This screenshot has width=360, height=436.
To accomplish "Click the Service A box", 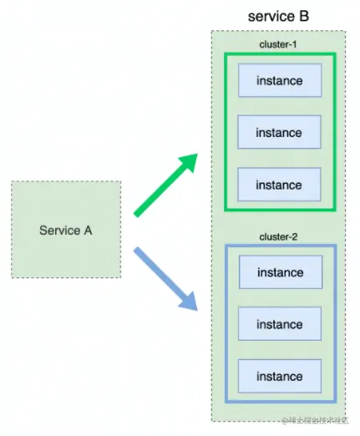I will pos(65,229).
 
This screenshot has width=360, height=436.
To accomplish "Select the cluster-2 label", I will pos(279,236).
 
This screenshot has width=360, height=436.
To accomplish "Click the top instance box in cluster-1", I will pos(279,81).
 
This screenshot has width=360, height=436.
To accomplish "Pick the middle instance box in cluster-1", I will pos(279,133).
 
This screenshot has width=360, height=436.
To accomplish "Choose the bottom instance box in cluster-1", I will pos(279,185).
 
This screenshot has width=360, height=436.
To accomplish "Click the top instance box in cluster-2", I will pos(279,273).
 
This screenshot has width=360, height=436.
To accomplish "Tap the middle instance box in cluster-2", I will pos(279,325).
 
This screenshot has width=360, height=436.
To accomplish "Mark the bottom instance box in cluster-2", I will pos(279,377).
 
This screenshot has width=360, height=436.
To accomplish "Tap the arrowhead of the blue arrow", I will pos(190,303).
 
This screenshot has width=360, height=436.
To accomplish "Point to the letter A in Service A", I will pos(87,230).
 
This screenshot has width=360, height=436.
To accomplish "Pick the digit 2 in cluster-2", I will pos(296,236).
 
